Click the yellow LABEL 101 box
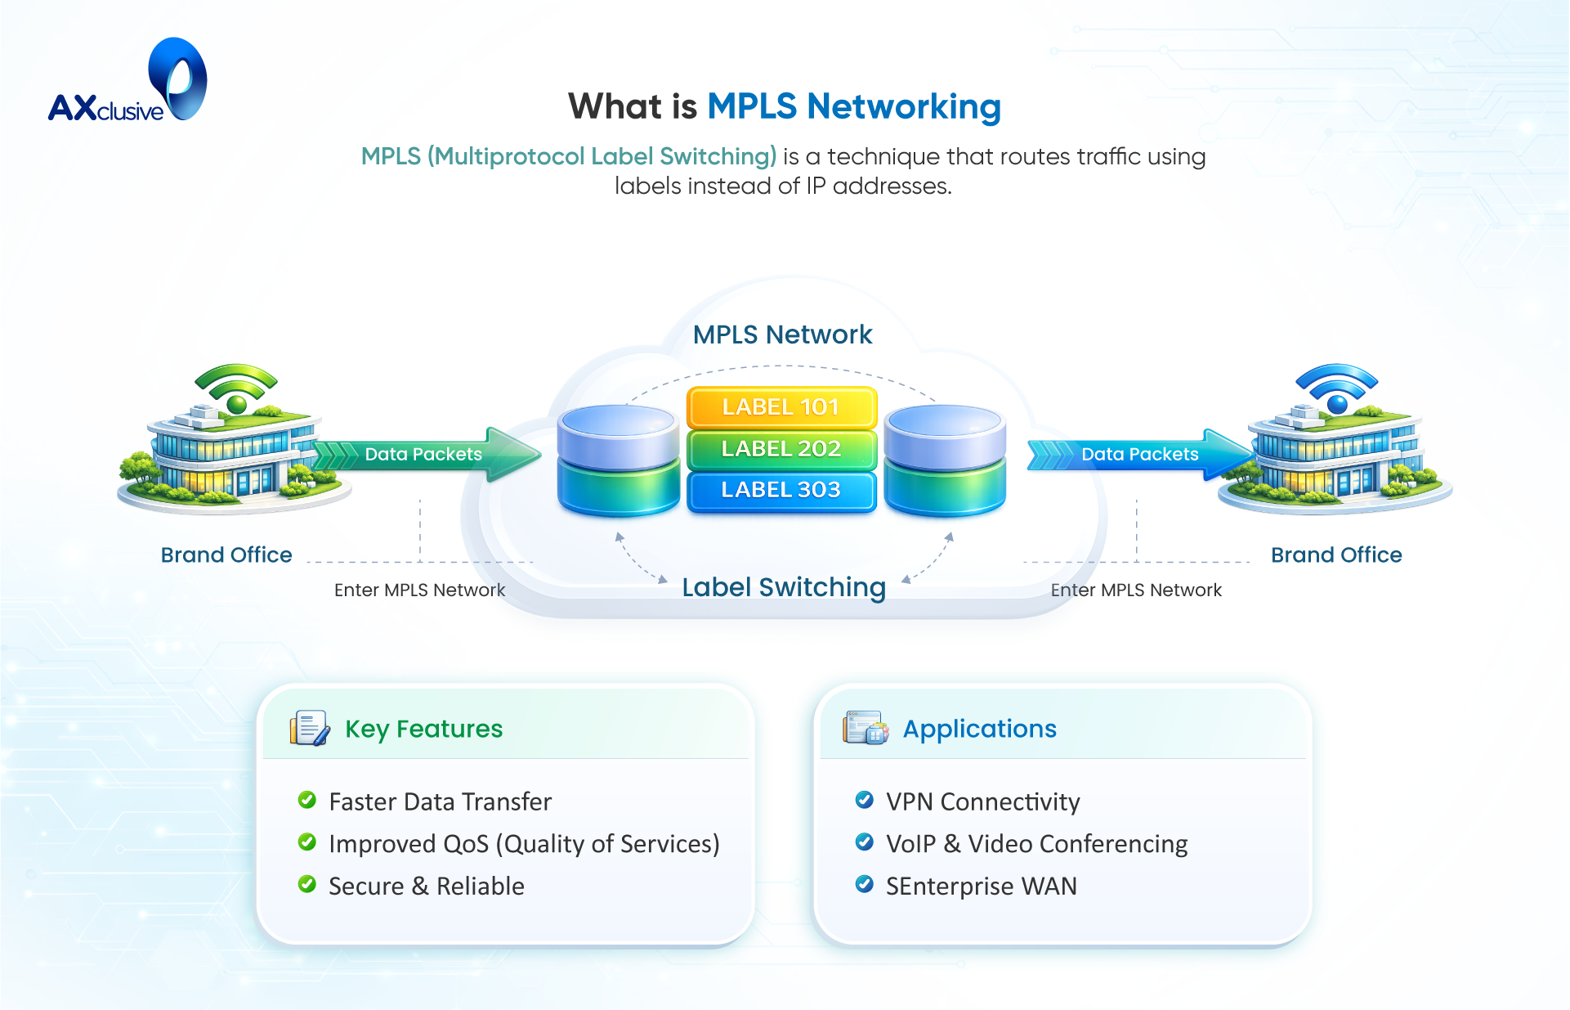(x=781, y=407)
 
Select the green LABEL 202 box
(x=781, y=449)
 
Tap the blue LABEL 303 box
(x=781, y=490)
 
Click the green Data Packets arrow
(x=425, y=455)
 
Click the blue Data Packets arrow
(x=1140, y=455)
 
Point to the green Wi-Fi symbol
(x=236, y=388)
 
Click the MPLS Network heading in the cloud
(x=782, y=334)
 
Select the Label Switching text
(x=784, y=587)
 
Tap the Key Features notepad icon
(x=309, y=728)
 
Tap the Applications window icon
(x=866, y=728)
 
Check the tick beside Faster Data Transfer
(x=307, y=800)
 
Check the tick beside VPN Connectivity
(x=864, y=800)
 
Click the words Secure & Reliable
(x=426, y=886)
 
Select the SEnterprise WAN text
(x=981, y=886)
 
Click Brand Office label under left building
(x=226, y=554)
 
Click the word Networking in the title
(x=903, y=106)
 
